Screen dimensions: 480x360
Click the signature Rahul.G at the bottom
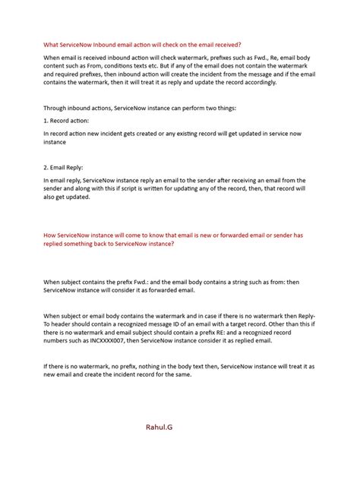[159, 428]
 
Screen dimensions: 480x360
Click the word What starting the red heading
[52, 44]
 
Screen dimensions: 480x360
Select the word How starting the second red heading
[51, 235]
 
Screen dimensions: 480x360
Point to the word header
[65, 323]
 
